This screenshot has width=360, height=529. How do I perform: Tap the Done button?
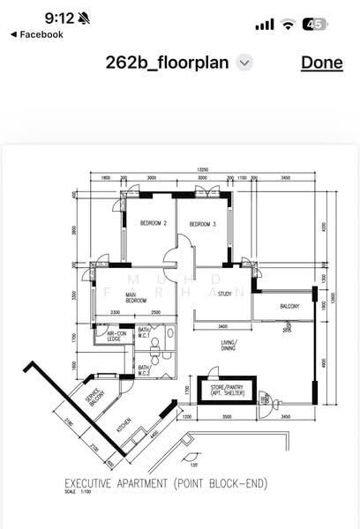click(321, 62)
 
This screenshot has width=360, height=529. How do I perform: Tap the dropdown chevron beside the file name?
click(245, 63)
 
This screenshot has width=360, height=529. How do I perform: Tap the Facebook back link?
click(37, 34)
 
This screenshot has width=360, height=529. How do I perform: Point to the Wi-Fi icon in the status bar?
click(288, 25)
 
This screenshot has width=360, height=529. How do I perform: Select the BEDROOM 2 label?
click(154, 224)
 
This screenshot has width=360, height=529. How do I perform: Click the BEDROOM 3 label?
click(202, 224)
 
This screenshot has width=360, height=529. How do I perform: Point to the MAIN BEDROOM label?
click(135, 298)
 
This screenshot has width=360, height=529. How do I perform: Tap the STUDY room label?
click(225, 294)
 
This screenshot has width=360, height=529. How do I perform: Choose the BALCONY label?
click(289, 307)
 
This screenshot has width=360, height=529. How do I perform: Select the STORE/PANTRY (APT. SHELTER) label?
click(229, 389)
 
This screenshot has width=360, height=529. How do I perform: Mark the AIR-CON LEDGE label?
click(114, 336)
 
